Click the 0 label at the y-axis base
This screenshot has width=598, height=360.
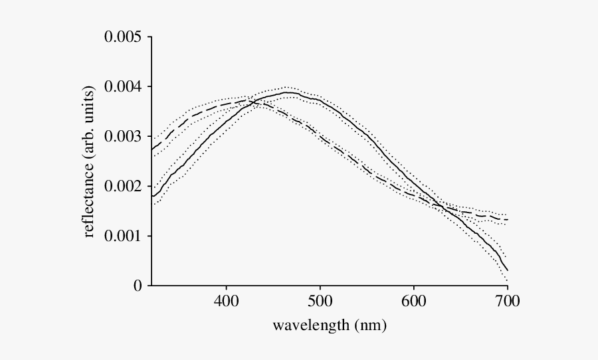(x=138, y=286)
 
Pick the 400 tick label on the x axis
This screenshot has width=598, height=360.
(x=226, y=302)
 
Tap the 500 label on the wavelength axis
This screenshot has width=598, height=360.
(x=320, y=302)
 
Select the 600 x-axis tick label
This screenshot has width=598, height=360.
(x=414, y=302)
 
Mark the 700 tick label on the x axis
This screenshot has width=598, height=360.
(x=508, y=302)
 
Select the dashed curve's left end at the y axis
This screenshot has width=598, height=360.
(x=152, y=149)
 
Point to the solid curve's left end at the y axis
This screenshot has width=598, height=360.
(x=152, y=196)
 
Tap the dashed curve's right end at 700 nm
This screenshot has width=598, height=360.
(x=508, y=220)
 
